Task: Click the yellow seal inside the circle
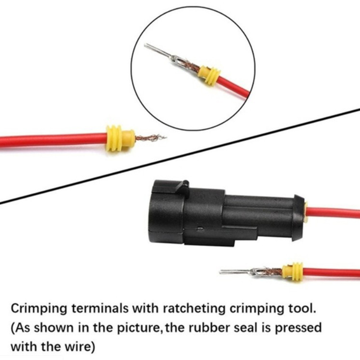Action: [209, 75]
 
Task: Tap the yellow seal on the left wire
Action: [120, 138]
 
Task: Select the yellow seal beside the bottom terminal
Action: [292, 272]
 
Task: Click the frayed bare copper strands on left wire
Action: [150, 138]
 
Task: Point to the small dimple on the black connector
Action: [200, 229]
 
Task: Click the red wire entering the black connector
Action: [333, 213]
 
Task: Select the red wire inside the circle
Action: [234, 87]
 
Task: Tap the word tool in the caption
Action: [302, 308]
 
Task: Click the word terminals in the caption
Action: [100, 308]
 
